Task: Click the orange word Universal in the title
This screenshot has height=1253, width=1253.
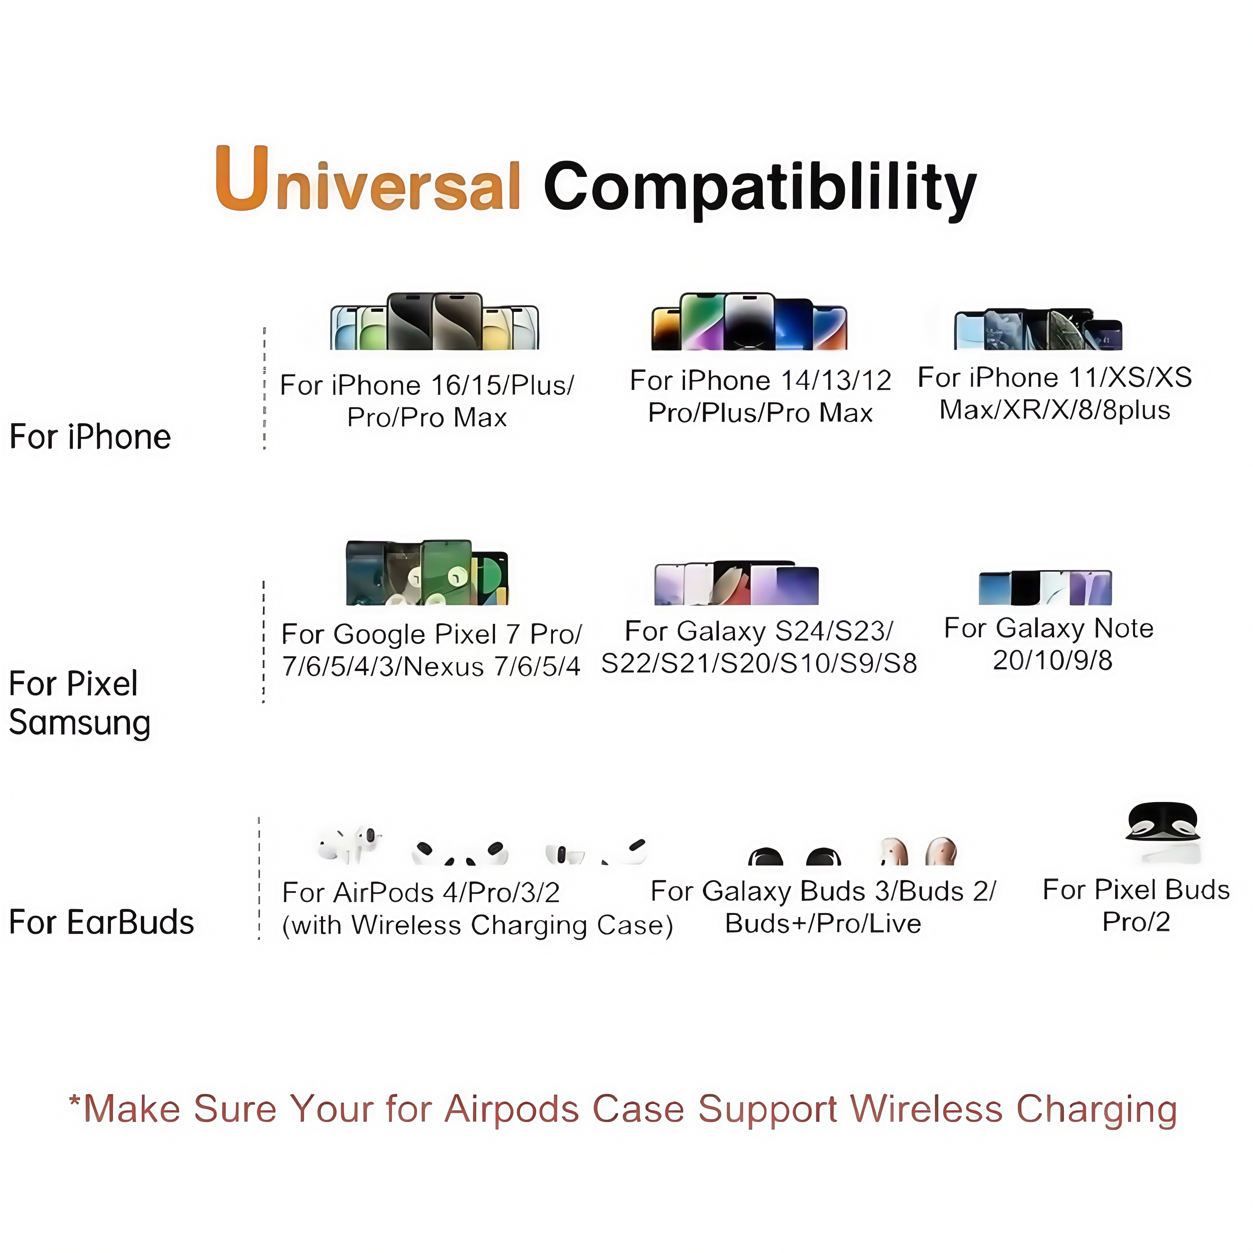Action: [368, 180]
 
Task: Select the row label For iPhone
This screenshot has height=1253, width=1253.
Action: [90, 436]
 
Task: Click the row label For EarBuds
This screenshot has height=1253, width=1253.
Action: [101, 921]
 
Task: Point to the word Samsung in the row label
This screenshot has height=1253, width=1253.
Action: [80, 722]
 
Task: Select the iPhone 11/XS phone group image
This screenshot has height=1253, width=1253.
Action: [1038, 329]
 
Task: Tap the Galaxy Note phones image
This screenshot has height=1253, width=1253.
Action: [1045, 588]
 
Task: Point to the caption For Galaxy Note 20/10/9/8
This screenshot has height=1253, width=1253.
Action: [1049, 644]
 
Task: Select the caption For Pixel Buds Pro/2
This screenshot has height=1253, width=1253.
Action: [1136, 905]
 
